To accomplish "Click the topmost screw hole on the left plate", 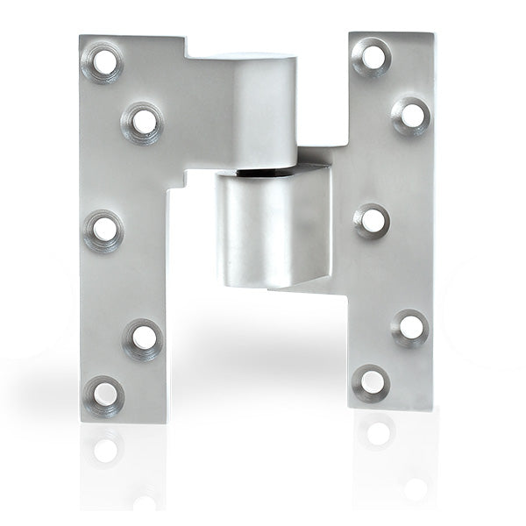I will click(104, 61).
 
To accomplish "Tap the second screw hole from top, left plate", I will click(143, 122).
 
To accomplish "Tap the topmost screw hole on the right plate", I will click(373, 57).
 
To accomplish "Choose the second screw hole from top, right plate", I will click(411, 115).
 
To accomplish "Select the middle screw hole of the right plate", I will click(373, 221).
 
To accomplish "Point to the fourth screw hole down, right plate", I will click(411, 326).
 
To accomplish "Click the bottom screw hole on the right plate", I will click(372, 383).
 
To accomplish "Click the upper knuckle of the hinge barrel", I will click(254, 110).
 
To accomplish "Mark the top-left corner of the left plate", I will click(81, 37).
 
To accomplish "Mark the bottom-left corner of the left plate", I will click(81, 422).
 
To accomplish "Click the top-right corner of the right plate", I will click(433, 34).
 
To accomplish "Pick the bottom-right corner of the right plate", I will click(432, 409).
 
